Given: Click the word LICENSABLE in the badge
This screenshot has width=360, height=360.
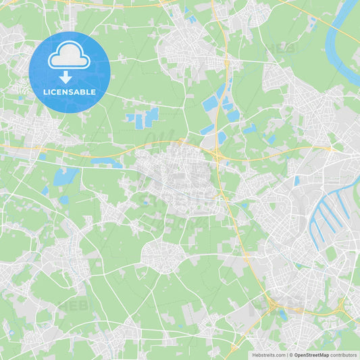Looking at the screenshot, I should [70, 91].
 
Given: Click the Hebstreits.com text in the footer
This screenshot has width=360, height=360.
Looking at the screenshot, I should [269, 355].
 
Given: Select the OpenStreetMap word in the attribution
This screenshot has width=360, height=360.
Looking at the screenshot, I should [311, 355].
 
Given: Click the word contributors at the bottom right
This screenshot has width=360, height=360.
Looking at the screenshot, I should [344, 355].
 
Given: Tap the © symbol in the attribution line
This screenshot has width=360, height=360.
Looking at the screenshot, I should [291, 355].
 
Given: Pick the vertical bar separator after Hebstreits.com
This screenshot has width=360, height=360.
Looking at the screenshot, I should [286, 355].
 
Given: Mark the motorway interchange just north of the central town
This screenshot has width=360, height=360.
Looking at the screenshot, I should [217, 155].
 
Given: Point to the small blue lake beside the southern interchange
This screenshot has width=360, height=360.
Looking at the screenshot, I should [282, 314].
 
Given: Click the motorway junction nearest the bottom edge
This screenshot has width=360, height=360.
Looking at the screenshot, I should [233, 350].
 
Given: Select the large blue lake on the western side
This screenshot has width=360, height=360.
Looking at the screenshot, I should [66, 176].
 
